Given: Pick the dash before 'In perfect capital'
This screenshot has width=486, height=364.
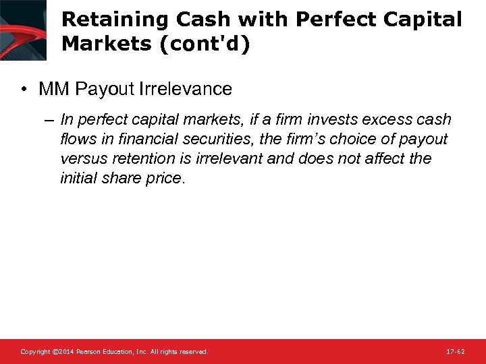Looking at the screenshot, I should pyautogui.click(x=50, y=120).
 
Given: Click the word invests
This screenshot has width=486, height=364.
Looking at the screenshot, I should pyautogui.click(x=332, y=120).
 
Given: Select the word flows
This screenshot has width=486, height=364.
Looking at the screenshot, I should pyautogui.click(x=78, y=140).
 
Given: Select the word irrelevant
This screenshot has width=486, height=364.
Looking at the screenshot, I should pyautogui.click(x=220, y=159).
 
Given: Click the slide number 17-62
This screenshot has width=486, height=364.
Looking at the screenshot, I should pyautogui.click(x=456, y=352).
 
